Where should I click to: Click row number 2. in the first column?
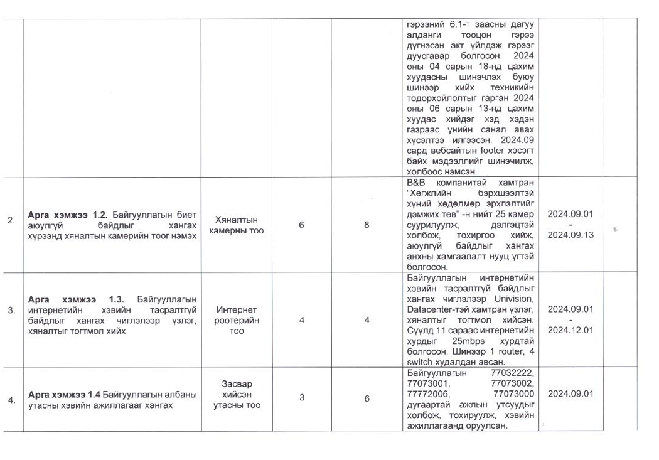(11, 220)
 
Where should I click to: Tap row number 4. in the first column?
(11, 400)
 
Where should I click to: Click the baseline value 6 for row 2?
(301, 225)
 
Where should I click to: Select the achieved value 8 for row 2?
(367, 225)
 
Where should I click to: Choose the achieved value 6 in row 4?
(367, 398)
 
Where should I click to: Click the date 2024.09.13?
(571, 235)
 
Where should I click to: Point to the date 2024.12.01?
(571, 330)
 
